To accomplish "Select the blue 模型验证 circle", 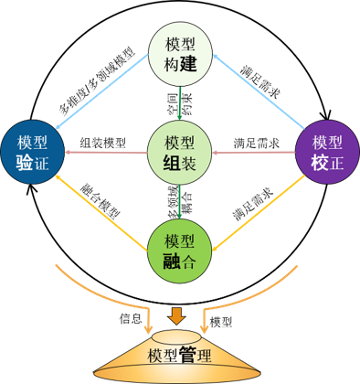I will pos(32,152).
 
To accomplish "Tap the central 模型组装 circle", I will pos(180,153).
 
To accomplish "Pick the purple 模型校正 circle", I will pos(327,152).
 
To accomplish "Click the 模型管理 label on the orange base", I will pos(180,355).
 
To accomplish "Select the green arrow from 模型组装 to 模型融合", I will pos(180,202).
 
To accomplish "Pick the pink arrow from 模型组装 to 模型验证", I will pos(106,152).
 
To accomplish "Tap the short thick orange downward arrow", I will pos(176,316).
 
